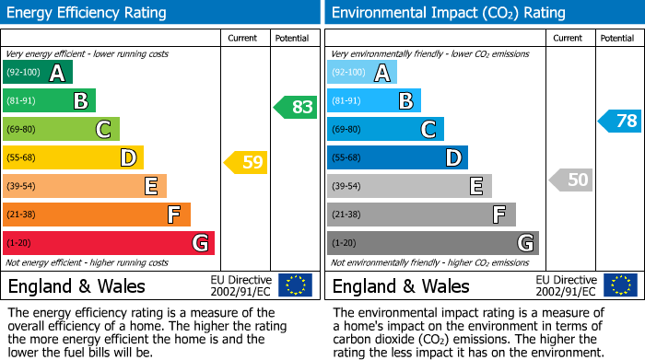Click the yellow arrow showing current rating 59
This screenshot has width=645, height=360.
click(x=246, y=163)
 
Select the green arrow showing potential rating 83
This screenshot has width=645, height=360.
click(x=296, y=107)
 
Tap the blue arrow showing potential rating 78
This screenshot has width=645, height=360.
click(x=620, y=121)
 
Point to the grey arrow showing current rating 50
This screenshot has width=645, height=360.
click(x=571, y=180)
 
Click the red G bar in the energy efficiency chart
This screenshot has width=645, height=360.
click(x=108, y=243)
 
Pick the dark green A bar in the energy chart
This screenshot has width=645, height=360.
click(x=37, y=73)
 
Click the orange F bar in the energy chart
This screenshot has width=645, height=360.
click(x=96, y=215)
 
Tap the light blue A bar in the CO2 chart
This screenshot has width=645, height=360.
click(x=361, y=73)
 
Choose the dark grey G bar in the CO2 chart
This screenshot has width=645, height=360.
click(x=432, y=243)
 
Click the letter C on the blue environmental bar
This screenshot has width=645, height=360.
click(x=428, y=130)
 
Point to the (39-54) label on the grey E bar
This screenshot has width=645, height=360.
click(x=346, y=187)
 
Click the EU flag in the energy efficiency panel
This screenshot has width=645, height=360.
click(x=295, y=285)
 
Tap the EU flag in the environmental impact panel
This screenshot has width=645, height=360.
click(x=620, y=285)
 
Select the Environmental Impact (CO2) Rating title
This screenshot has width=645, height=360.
click(x=448, y=13)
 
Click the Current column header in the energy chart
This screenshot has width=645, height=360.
click(x=243, y=38)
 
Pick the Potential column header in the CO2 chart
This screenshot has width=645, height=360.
click(x=616, y=38)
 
